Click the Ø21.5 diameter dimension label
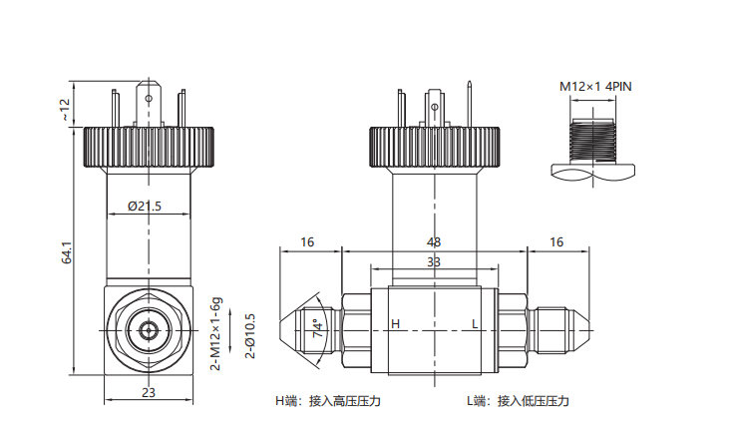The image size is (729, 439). pos(145,206)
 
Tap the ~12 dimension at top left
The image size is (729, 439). pos(65,110)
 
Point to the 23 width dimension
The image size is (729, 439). pos(149,392)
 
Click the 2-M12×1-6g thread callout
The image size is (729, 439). pos(216,333)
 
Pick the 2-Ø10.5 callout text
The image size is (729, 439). pos(250,336)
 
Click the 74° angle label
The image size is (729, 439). pos(318,328)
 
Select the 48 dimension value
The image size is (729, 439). pos(433,242)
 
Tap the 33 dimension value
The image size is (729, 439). pos(433,262)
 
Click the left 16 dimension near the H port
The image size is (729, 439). pos(307,242)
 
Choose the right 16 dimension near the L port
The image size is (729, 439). pos(556,242)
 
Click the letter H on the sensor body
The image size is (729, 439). pos(395,323)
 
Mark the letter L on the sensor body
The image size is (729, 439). pos(475,323)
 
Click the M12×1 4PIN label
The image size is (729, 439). pos(595,87)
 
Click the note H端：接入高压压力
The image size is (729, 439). pos(328,401)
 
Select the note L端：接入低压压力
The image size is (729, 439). pos(518,401)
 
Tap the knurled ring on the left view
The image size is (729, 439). pos(149,147)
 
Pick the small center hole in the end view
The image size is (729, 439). pos(149,331)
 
